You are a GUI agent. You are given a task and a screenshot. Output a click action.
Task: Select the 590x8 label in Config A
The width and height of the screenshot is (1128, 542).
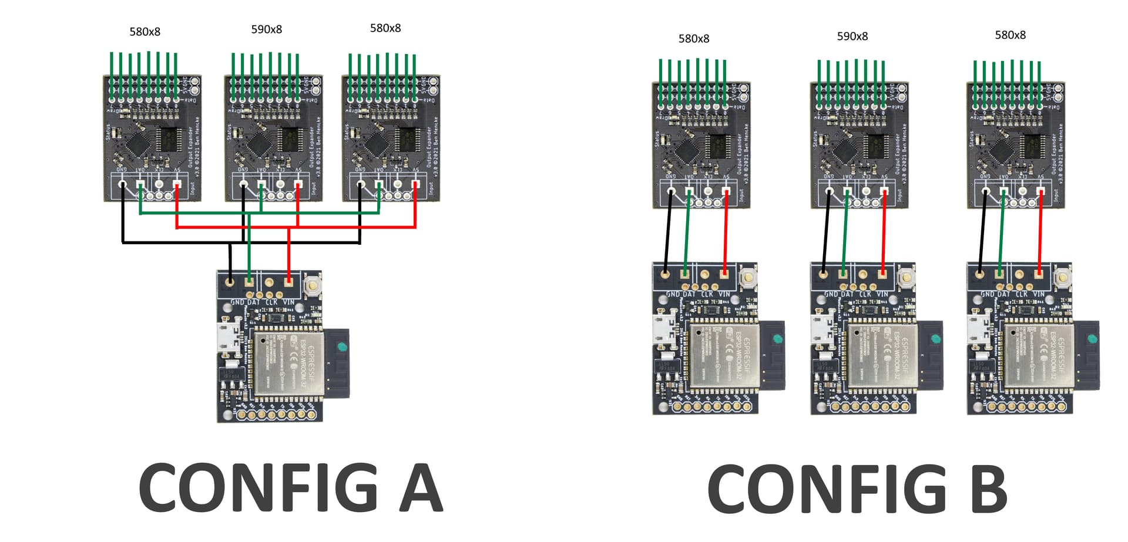(x=266, y=29)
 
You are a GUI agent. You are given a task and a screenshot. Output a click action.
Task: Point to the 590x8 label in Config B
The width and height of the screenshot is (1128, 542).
(x=852, y=36)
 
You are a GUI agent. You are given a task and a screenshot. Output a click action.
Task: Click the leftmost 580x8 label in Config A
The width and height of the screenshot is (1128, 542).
(x=145, y=32)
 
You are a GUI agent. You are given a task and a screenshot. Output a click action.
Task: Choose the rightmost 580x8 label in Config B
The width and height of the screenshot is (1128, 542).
(x=1010, y=35)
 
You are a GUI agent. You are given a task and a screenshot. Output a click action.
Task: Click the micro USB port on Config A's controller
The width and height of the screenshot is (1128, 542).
(x=226, y=338)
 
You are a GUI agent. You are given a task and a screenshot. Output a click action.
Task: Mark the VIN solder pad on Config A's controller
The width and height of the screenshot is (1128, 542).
(x=288, y=281)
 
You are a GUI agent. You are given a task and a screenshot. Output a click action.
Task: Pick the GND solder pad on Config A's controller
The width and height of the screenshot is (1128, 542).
(x=230, y=281)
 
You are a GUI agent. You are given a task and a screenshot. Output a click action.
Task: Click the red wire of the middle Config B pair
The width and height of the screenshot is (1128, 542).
(x=883, y=235)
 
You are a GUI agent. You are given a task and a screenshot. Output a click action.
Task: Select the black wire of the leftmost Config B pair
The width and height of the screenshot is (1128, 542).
(x=668, y=235)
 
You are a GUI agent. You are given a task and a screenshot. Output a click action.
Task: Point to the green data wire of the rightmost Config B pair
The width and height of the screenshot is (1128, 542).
(x=1001, y=235)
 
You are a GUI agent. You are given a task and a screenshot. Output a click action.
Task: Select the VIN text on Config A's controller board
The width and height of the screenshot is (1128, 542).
(x=288, y=302)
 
